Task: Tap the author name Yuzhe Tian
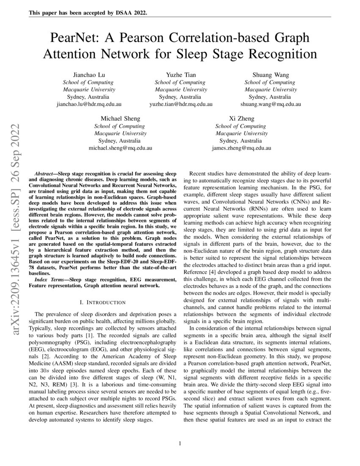point(181,75)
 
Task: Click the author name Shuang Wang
point(271,75)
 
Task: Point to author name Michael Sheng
point(120,118)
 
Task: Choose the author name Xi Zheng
point(241,118)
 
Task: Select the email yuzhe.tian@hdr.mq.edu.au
point(181,104)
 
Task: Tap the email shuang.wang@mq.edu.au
point(271,104)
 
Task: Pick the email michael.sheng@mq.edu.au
point(120,148)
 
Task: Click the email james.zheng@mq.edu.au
point(241,148)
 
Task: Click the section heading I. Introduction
point(102,302)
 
